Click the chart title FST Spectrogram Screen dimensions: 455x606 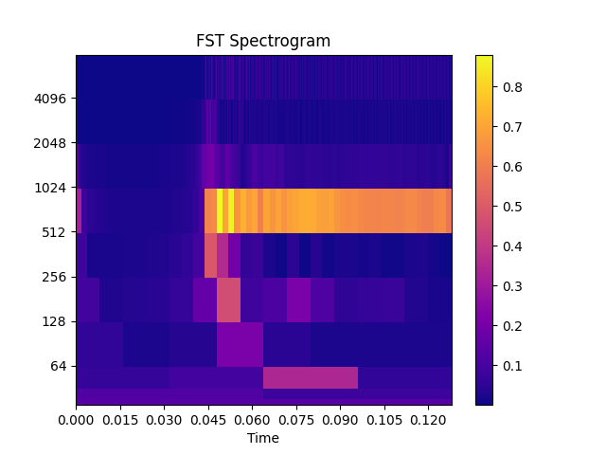click(263, 41)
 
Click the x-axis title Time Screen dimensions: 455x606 click(263, 438)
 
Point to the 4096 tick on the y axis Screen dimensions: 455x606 click(53, 99)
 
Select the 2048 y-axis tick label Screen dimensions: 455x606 click(53, 143)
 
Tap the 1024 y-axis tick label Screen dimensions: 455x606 click(53, 188)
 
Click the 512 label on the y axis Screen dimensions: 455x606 click(57, 232)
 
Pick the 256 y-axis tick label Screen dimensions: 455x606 click(57, 277)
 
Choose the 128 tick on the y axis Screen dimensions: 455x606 click(57, 321)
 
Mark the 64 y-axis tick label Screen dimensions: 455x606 click(60, 366)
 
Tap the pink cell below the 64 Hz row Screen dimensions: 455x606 click(310, 377)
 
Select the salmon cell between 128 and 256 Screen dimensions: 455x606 click(228, 300)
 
